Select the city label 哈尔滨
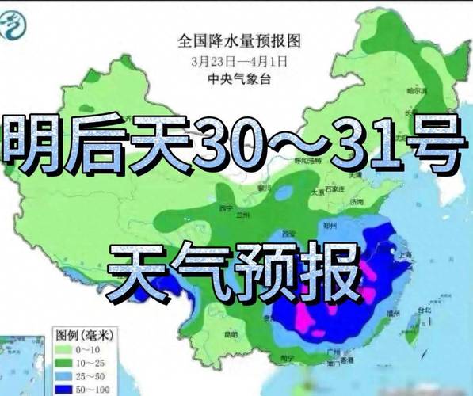[429, 93]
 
